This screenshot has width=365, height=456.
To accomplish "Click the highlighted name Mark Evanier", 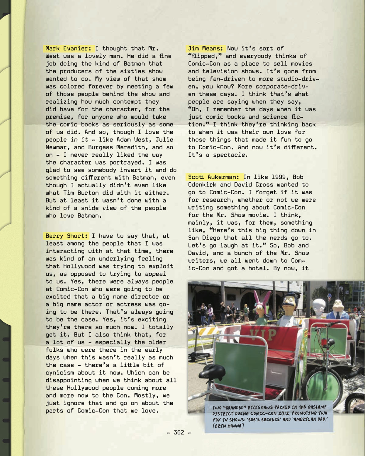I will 68,48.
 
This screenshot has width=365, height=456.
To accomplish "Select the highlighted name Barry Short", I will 67,236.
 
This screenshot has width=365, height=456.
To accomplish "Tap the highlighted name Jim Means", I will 206,48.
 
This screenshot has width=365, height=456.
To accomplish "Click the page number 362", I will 179,432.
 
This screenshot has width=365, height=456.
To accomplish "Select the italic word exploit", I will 161,266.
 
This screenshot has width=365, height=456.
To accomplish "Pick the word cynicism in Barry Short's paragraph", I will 60,373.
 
